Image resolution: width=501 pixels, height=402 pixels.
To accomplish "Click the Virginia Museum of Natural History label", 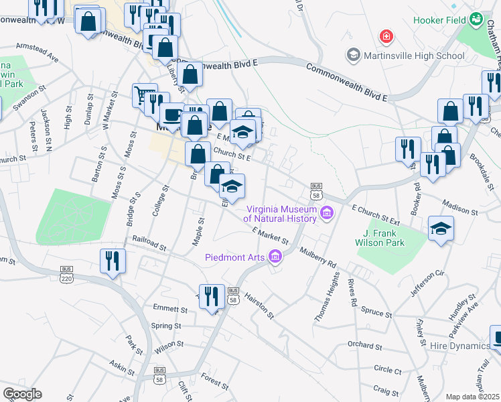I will pyautogui.click(x=279, y=213).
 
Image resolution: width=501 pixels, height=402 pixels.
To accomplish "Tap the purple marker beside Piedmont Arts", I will pyautogui.click(x=275, y=256).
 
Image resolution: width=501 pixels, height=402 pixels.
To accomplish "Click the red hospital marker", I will pyautogui.click(x=385, y=36).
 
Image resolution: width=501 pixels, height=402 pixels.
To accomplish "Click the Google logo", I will pyautogui.click(x=22, y=393).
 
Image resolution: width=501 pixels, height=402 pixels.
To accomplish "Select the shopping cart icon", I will pyautogui.click(x=144, y=94).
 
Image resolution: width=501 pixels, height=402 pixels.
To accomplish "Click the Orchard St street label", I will pyautogui.click(x=364, y=346).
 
